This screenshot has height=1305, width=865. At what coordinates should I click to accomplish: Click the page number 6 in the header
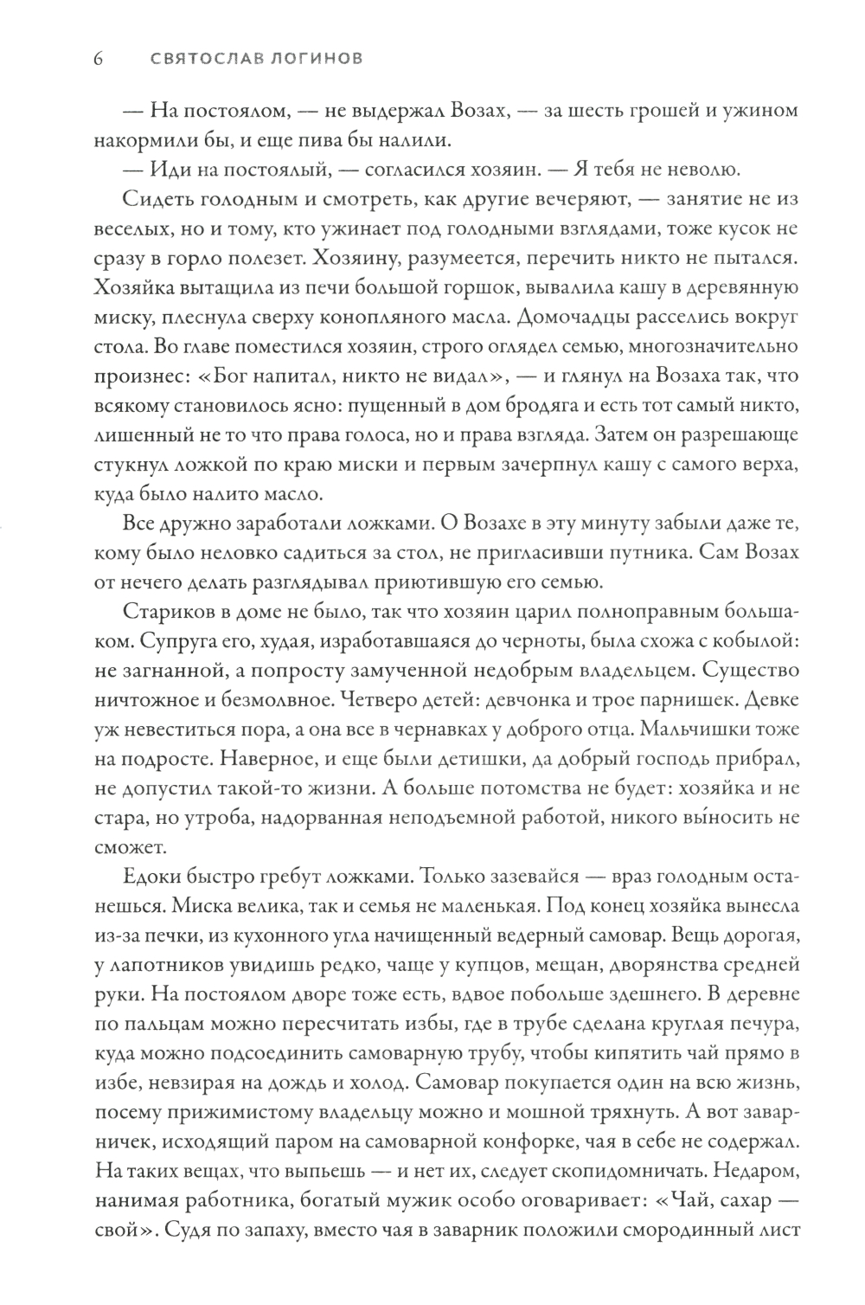pos(98,60)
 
